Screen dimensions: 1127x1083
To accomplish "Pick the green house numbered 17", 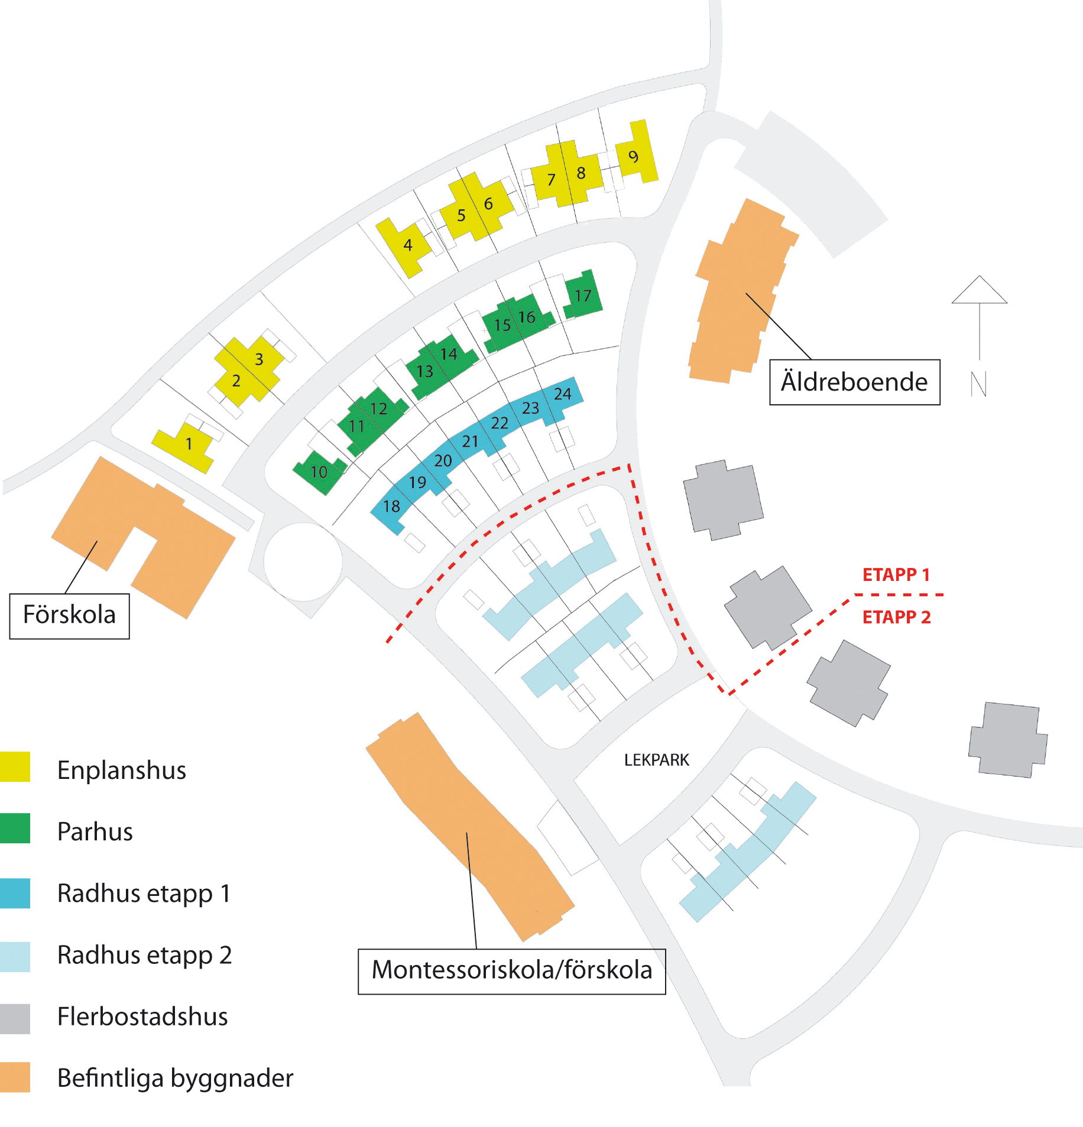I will click(583, 295).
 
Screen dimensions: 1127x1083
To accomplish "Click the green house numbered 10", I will click(319, 472).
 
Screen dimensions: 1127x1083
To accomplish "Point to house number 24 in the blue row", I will click(563, 394).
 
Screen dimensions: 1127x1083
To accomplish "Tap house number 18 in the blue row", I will click(391, 507).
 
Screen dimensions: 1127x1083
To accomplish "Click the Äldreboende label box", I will click(854, 382).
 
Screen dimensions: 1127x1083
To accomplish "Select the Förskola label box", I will click(69, 615).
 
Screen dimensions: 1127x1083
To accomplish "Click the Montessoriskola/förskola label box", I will click(511, 971).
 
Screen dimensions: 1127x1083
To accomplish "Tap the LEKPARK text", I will click(656, 760).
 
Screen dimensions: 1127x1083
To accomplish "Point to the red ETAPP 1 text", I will click(896, 574).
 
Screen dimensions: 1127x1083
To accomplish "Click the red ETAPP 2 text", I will click(896, 617).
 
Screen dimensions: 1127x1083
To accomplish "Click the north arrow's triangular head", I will click(979, 291).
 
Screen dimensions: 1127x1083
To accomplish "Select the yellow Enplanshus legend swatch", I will click(15, 767).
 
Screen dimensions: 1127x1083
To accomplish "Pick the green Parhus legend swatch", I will click(15, 828).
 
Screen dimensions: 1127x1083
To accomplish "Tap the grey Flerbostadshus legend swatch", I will click(15, 1018).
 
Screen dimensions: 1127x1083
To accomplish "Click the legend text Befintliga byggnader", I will click(175, 1078).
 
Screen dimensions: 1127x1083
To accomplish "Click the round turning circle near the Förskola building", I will click(303, 561).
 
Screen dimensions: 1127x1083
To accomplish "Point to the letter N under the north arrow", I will click(979, 384).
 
